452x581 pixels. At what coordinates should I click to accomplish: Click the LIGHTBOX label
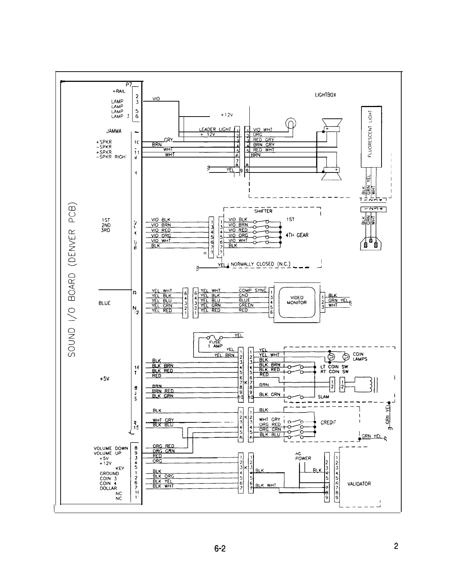point(325,95)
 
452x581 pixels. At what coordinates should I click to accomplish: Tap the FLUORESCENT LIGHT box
point(371,136)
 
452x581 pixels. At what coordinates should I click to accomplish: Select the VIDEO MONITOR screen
point(296,300)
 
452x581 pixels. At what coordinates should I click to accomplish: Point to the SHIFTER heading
point(263,211)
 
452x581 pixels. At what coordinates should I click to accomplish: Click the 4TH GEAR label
point(297,235)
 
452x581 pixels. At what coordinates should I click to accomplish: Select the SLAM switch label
point(323,397)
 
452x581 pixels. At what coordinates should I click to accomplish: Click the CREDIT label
point(328,422)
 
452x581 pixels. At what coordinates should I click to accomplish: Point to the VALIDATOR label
point(359,484)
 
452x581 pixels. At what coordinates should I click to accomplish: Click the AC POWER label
point(303,456)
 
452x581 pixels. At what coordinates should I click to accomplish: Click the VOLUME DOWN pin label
point(111,448)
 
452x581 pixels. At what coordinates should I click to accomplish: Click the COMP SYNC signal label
point(253,290)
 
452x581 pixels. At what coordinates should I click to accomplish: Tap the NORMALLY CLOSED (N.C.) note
point(260,264)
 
